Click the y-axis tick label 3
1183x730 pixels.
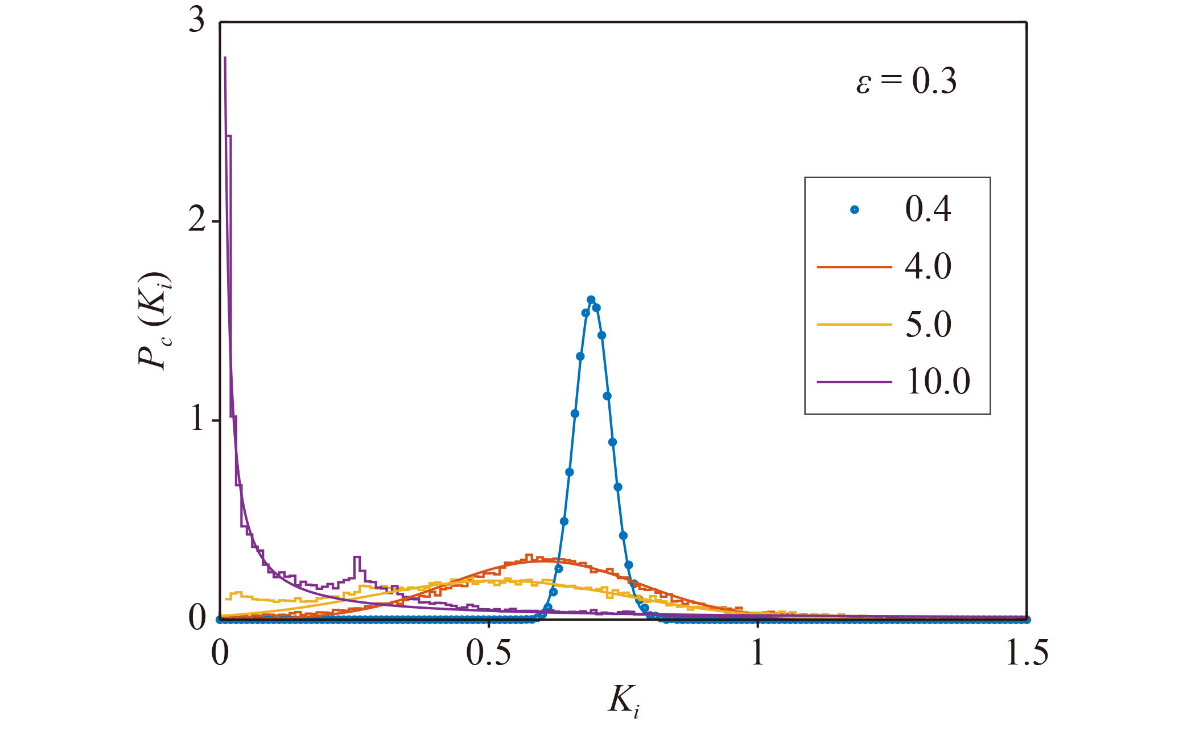click(x=197, y=22)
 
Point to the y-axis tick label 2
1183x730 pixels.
click(x=197, y=220)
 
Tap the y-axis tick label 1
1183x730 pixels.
click(x=197, y=420)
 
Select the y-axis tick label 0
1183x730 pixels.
click(x=197, y=618)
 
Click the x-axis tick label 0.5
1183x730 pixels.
click(x=488, y=653)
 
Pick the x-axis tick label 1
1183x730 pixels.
click(x=757, y=653)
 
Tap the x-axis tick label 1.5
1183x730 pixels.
click(x=1027, y=653)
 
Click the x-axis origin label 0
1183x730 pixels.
click(x=220, y=653)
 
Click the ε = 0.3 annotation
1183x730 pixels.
click(x=906, y=81)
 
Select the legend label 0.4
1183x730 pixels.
click(x=928, y=209)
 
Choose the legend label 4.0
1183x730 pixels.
click(x=928, y=266)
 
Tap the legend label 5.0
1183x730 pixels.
click(x=928, y=325)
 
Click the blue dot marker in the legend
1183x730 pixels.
click(x=854, y=210)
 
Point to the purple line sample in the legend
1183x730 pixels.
click(x=854, y=382)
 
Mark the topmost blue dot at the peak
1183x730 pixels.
click(x=591, y=300)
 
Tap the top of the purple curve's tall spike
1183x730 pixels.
click(x=225, y=58)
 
